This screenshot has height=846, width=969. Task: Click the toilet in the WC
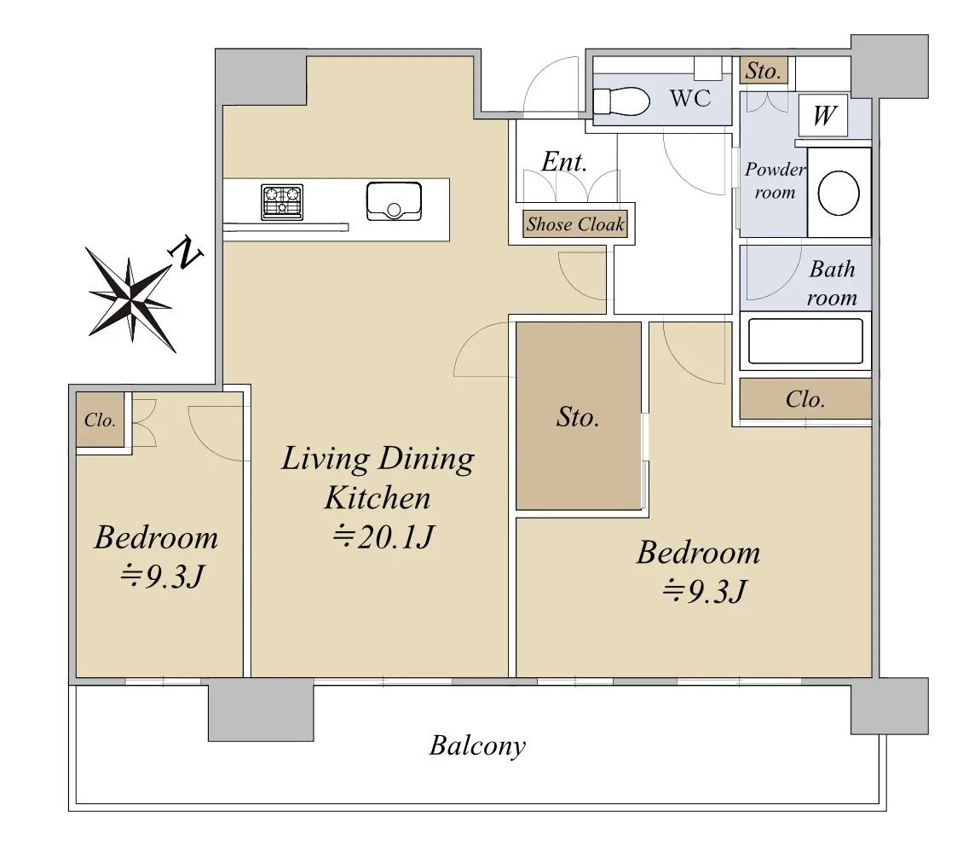[621, 101]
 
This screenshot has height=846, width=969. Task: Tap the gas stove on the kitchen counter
[282, 201]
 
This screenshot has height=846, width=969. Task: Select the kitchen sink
[394, 201]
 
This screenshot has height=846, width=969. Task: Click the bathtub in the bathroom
[805, 341]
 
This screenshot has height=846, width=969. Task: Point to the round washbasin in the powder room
[839, 193]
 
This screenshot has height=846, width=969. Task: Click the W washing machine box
[823, 116]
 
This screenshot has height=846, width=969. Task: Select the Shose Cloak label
[574, 224]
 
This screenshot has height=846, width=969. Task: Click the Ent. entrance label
[563, 162]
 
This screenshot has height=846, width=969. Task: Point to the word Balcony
[477, 746]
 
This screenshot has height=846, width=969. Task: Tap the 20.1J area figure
[384, 536]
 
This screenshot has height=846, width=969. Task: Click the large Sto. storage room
[579, 416]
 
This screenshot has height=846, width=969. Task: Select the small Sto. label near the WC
[764, 71]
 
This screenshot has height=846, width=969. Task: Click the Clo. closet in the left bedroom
[100, 420]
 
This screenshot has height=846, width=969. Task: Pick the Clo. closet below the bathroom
[805, 399]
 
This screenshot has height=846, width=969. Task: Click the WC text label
[690, 98]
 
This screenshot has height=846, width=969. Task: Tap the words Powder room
[775, 181]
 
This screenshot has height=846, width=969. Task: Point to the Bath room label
[832, 283]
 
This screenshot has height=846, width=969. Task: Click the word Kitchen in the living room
[378, 498]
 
